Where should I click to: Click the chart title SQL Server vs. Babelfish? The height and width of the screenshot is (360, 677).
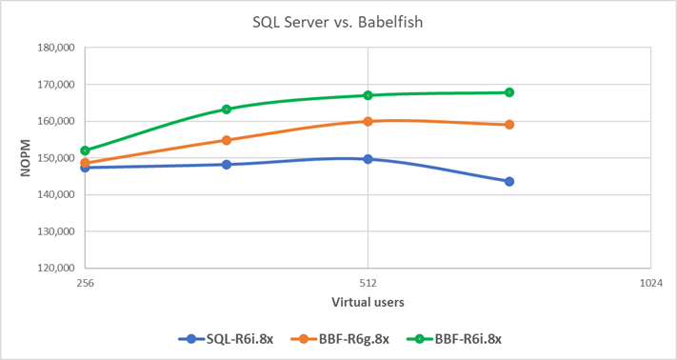[338, 21]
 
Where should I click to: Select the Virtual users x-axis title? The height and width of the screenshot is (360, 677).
[368, 302]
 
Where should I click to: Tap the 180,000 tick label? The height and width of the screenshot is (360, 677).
[53, 48]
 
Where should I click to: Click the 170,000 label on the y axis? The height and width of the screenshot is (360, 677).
[53, 85]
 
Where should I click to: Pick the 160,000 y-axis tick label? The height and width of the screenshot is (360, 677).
[53, 121]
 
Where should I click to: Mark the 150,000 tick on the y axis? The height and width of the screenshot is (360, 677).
[53, 158]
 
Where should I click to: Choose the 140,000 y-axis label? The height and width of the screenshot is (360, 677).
[53, 194]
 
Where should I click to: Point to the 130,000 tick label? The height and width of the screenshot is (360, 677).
[53, 231]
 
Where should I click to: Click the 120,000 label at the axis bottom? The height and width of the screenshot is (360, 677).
[53, 268]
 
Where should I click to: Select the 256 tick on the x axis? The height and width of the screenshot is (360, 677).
[85, 283]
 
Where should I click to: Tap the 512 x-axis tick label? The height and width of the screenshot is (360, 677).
[368, 283]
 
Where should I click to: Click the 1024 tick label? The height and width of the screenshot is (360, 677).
[650, 283]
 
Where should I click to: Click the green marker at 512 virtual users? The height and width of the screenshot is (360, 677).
[368, 95]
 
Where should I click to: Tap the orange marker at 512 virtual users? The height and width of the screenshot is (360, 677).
[368, 121]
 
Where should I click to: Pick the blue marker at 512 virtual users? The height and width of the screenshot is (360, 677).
[368, 159]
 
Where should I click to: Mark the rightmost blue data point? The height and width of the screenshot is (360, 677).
[509, 181]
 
